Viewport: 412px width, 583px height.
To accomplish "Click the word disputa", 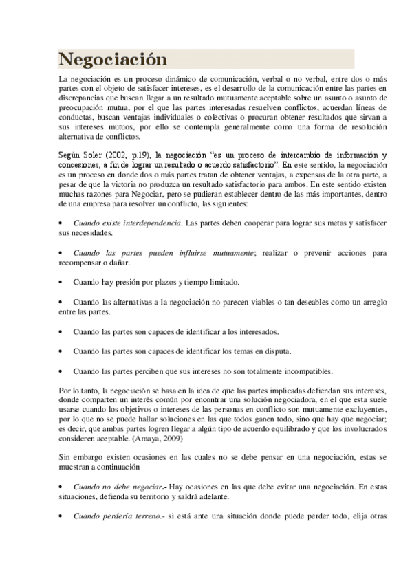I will coord(275,351).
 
